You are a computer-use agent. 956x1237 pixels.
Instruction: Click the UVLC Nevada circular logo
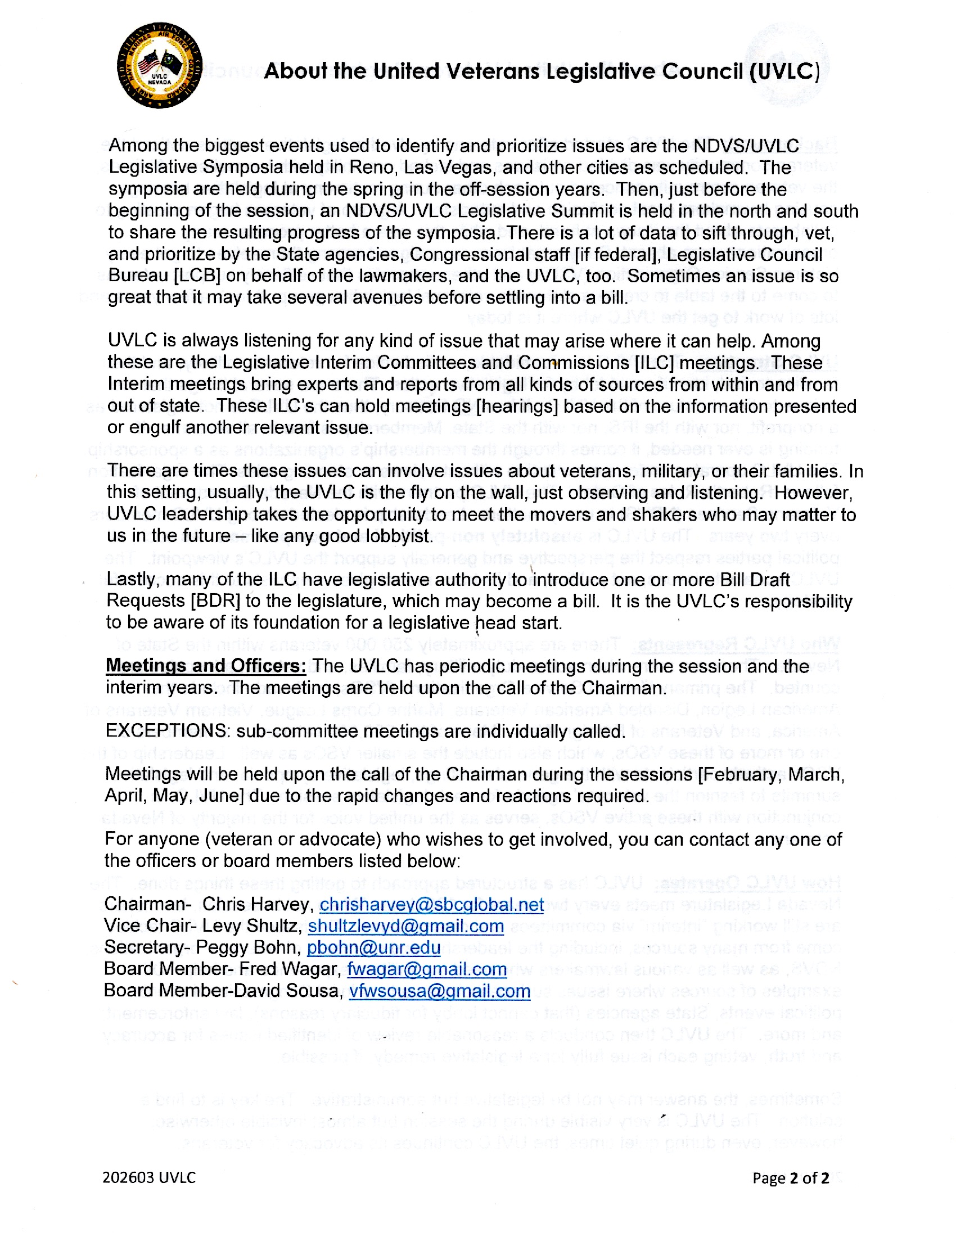[159, 66]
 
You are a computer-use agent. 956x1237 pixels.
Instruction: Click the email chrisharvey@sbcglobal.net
[431, 905]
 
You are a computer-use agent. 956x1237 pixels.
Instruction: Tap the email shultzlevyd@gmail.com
[405, 926]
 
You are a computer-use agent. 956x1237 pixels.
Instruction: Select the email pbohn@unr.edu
[373, 947]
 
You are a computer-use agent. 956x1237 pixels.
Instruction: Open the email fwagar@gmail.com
[426, 969]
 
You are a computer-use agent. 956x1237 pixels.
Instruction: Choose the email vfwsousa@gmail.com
[440, 991]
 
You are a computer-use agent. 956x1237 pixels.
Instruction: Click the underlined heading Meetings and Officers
[206, 666]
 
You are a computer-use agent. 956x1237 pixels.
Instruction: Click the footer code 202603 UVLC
[149, 1177]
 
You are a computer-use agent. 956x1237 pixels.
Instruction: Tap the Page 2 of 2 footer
[791, 1178]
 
